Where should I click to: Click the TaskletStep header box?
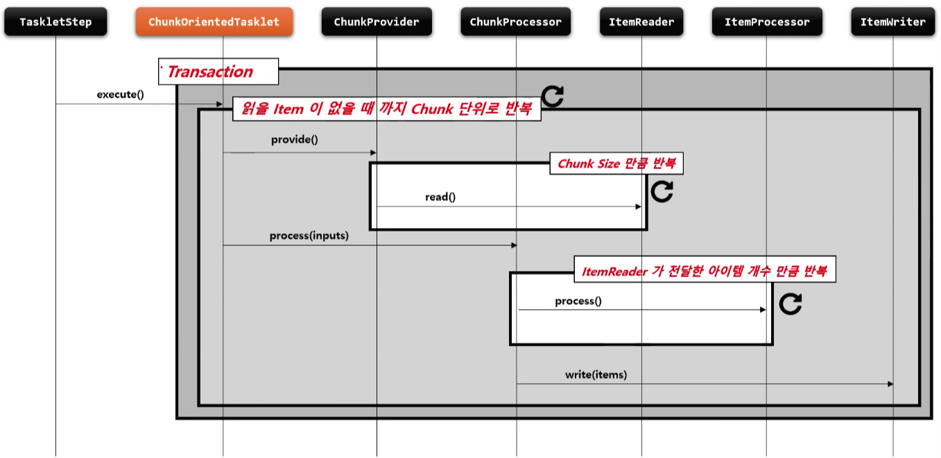click(55, 22)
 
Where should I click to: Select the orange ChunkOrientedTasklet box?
click(214, 22)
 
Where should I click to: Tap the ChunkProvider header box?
click(377, 22)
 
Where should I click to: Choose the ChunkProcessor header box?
click(516, 22)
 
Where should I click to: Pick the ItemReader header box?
click(641, 22)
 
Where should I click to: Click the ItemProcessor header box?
click(767, 22)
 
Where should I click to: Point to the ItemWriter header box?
click(893, 22)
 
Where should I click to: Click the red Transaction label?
click(210, 72)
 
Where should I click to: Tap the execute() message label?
click(120, 94)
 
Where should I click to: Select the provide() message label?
click(294, 140)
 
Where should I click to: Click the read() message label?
click(440, 197)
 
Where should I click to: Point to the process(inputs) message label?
click(309, 236)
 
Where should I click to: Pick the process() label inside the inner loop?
click(578, 301)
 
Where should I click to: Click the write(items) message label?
click(596, 375)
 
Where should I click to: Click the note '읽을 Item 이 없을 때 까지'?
click(386, 109)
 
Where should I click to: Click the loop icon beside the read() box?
click(662, 191)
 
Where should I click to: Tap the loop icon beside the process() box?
click(791, 303)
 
